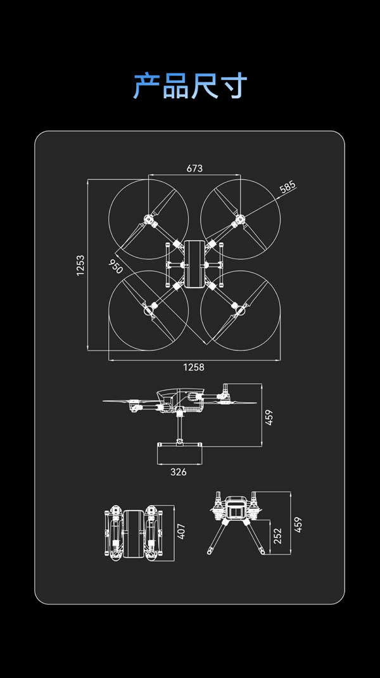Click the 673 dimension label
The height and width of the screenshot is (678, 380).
[x=194, y=169]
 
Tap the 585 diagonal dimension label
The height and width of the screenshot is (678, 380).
[x=288, y=187]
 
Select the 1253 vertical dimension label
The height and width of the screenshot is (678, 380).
[x=80, y=265]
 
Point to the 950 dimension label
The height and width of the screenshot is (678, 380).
[x=115, y=267]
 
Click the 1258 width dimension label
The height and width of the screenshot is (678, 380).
[x=194, y=367]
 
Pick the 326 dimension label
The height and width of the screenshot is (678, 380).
[x=179, y=472]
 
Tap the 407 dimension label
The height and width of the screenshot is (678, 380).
[x=181, y=531]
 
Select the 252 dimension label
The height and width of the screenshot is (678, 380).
[x=277, y=537]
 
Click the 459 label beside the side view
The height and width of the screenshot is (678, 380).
[x=269, y=418]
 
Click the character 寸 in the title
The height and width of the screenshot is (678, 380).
[x=232, y=86]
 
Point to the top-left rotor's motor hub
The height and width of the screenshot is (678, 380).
[x=149, y=219]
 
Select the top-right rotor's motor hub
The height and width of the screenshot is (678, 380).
[x=240, y=219]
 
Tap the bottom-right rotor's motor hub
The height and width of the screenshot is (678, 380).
[x=240, y=310]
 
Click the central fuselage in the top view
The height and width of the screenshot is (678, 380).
[x=194, y=264]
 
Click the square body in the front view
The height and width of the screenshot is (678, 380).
[x=236, y=509]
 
